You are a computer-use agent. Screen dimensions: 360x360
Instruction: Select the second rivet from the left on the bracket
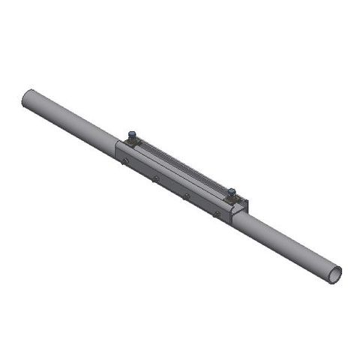155,178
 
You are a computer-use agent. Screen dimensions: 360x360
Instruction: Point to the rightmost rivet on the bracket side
216,214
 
